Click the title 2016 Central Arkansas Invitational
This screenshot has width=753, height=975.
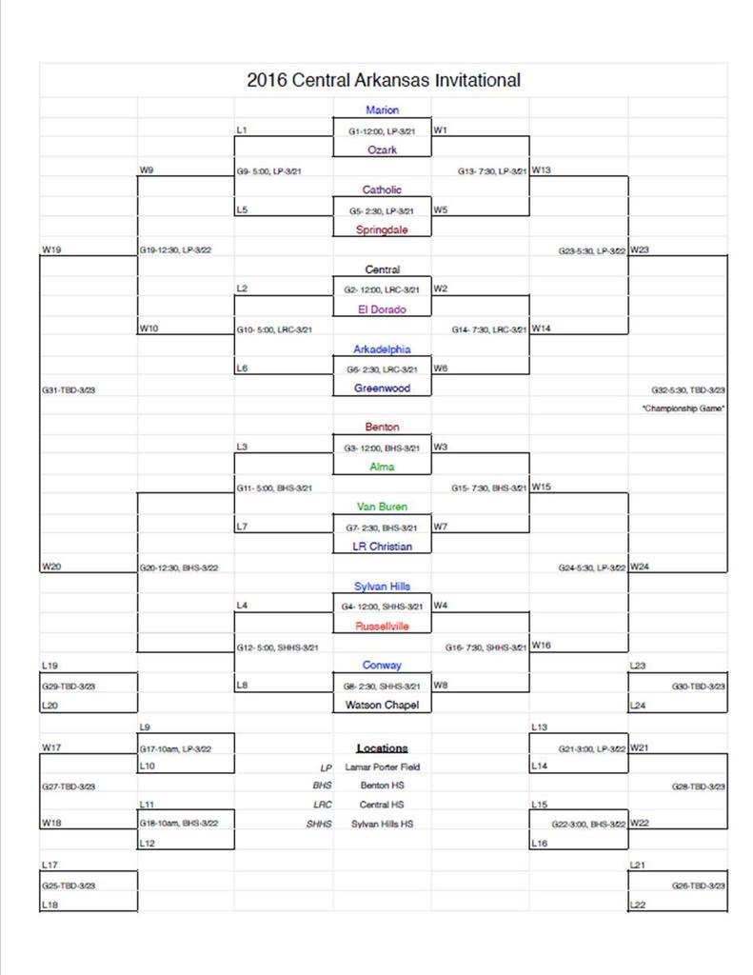383,80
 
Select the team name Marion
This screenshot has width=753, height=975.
382,110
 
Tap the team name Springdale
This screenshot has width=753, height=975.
382,229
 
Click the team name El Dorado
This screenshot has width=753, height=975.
382,309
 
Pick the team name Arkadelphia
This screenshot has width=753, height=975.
382,349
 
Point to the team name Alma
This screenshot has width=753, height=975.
382,468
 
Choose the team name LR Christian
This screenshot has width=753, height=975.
382,547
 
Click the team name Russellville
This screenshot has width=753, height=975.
382,627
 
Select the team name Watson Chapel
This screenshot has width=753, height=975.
382,706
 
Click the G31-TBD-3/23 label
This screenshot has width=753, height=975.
69,389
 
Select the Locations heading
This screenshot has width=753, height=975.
382,748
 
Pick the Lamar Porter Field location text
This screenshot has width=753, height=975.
383,766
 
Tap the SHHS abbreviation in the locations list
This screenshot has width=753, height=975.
319,824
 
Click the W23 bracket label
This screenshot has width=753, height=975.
639,250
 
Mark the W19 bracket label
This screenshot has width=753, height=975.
51,250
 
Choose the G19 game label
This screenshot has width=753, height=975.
178,250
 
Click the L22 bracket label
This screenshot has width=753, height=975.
639,905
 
